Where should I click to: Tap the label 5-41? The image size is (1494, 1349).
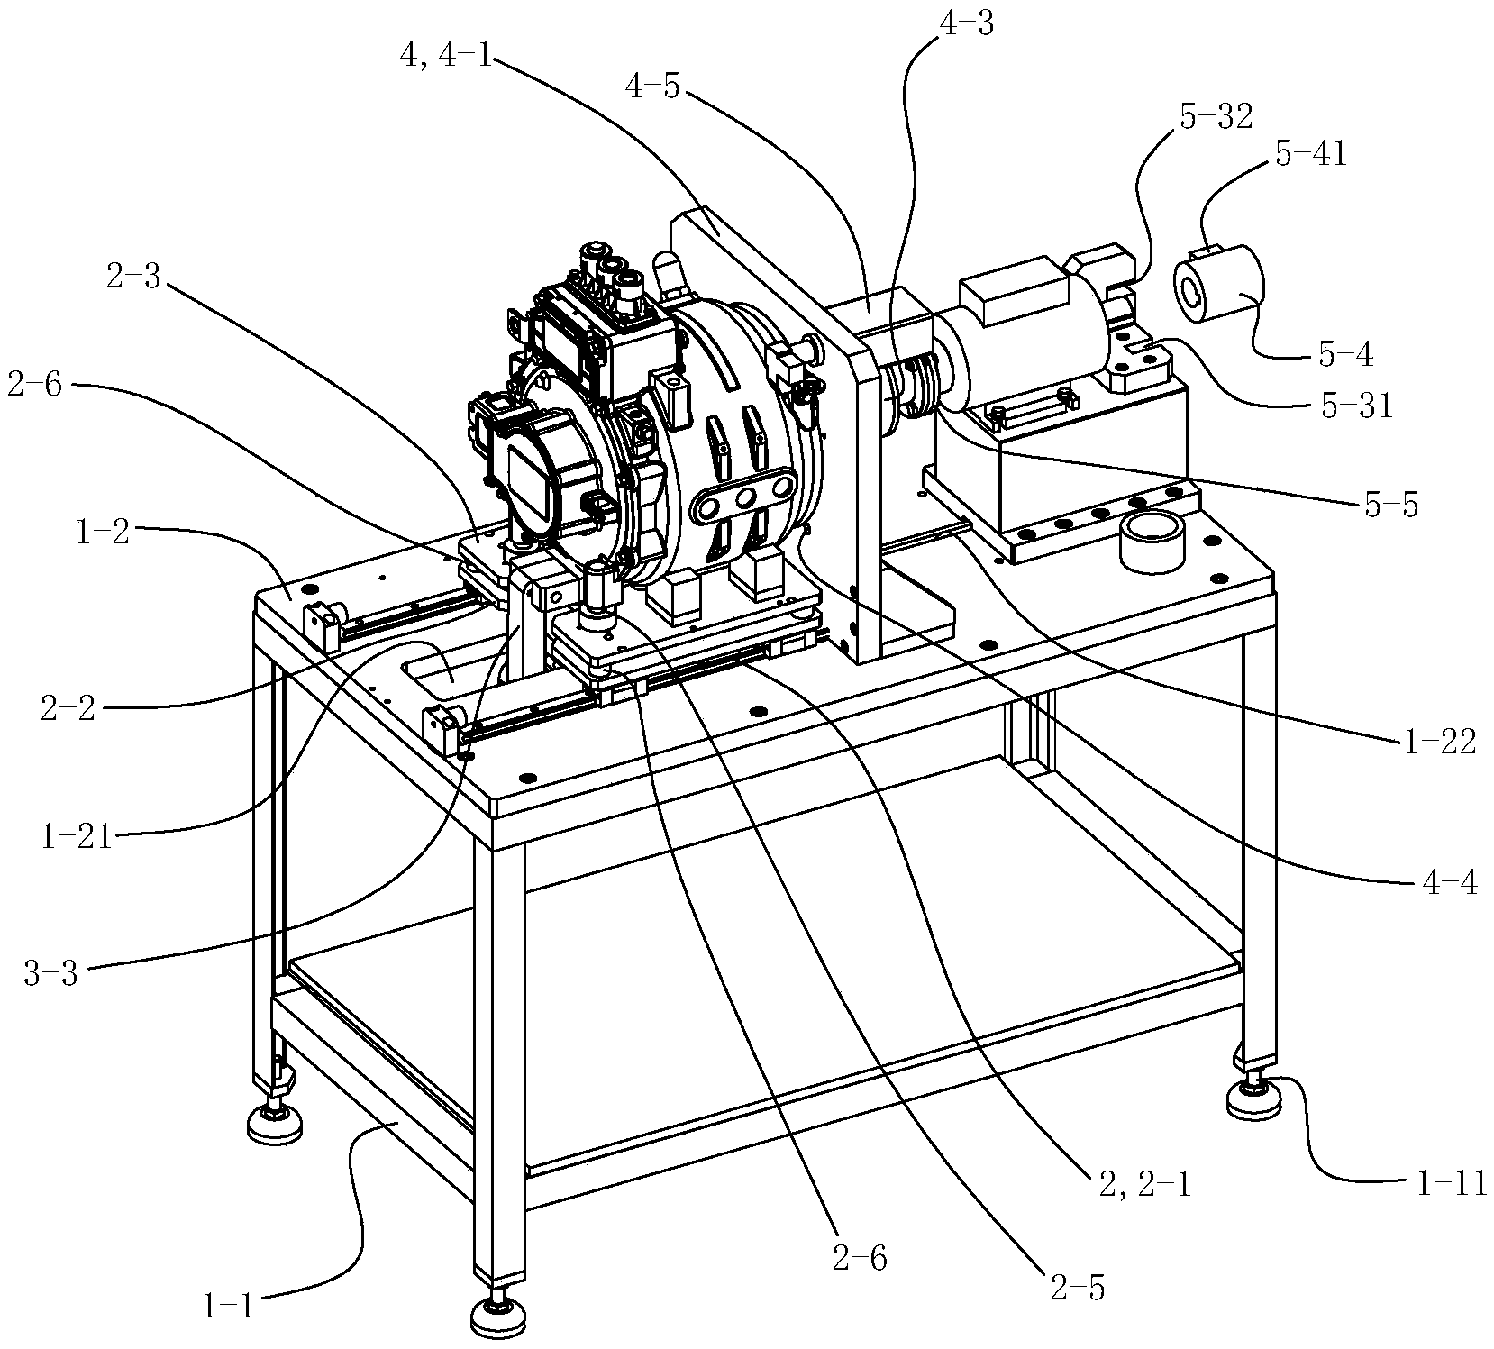click(1312, 155)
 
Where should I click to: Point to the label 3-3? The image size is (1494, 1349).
click(51, 974)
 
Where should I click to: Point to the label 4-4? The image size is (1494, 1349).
click(1449, 882)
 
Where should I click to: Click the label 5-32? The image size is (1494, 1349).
click(1215, 116)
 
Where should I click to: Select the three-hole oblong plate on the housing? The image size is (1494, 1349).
click(745, 498)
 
